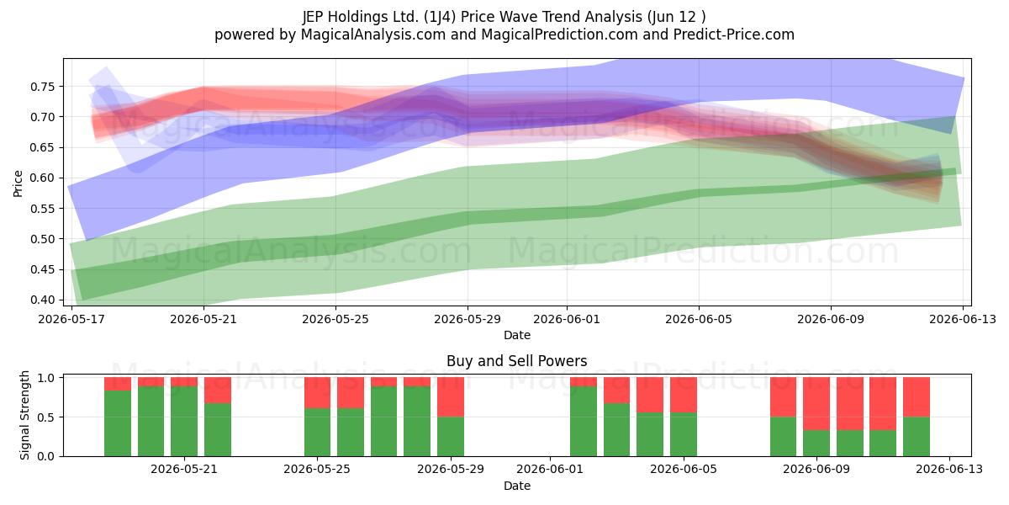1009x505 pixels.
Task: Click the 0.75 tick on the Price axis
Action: click(x=42, y=87)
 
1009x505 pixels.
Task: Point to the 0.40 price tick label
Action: click(x=42, y=300)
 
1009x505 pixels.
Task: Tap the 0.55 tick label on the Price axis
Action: click(x=42, y=209)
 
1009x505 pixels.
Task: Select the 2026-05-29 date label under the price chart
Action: click(x=468, y=319)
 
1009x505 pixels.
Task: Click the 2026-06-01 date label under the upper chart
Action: click(x=567, y=319)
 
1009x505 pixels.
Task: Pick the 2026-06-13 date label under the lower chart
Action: click(x=949, y=469)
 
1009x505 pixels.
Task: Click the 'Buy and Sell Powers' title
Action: click(x=516, y=361)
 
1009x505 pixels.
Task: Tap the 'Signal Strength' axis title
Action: click(x=24, y=415)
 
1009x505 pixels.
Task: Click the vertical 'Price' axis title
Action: click(x=18, y=183)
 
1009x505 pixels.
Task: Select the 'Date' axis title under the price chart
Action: click(x=516, y=335)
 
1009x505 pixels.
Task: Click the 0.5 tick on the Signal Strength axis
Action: click(x=45, y=417)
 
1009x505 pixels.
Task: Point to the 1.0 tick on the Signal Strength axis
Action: click(x=45, y=378)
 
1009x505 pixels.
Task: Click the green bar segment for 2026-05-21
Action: click(x=184, y=421)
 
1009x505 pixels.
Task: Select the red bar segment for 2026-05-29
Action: click(x=451, y=396)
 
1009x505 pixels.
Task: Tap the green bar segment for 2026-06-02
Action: click(x=584, y=421)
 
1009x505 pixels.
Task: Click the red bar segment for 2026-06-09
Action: click(x=816, y=403)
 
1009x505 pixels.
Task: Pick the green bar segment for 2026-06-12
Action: click(x=917, y=437)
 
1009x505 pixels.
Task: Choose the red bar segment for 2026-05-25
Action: click(x=317, y=393)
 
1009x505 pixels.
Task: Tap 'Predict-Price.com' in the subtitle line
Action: click(x=734, y=35)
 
